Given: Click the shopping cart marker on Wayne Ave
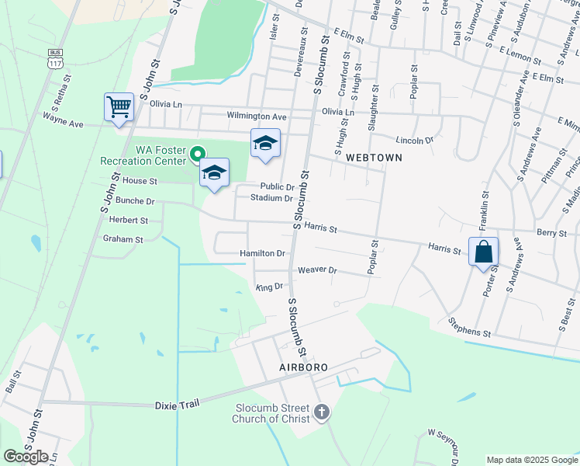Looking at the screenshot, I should coord(119,107).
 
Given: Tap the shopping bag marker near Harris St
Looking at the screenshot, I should coord(483,252).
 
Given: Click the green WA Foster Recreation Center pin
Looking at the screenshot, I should coord(198,154).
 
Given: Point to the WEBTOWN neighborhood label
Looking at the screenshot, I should coord(374,158).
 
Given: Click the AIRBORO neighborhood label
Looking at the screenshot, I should coord(300,367).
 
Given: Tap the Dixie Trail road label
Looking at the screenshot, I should coord(178,403).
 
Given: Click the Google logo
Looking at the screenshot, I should coord(26,456).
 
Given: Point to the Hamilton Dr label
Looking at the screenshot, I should coord(262,253).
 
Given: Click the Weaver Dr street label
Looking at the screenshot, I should coord(318,270).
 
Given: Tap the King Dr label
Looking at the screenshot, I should coord(269,287).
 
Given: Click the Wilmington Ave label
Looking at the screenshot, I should coord(257,116).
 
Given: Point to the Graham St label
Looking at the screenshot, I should coord(123,240).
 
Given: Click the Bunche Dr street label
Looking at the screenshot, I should coord(135,200).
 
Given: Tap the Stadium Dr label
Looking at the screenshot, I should coord(271,198).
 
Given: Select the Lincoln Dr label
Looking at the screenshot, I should coord(414,141).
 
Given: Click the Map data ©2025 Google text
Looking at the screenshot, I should coord(531,460).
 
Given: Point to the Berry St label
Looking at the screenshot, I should coord(551,232).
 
